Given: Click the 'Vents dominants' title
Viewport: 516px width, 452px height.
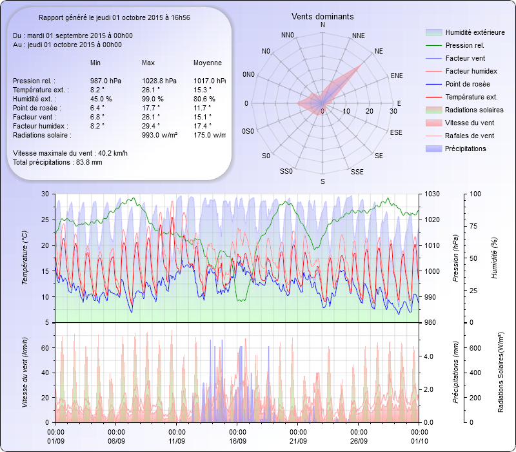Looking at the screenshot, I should [322, 16].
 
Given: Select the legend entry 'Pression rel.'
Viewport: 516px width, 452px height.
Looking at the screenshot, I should [464, 45].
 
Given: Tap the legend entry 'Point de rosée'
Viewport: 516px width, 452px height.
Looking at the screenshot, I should [467, 84].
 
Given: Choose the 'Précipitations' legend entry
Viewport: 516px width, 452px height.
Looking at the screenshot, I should [465, 149].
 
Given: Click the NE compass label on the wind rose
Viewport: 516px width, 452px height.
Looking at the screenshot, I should [379, 50].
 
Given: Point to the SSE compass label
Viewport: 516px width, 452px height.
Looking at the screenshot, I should [357, 172].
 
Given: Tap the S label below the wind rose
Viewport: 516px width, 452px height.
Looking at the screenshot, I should [322, 182].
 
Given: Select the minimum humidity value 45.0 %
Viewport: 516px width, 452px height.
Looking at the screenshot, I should [101, 99].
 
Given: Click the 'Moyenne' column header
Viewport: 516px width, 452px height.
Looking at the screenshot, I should [208, 63].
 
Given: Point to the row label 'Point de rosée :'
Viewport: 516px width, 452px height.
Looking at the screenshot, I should [35, 108].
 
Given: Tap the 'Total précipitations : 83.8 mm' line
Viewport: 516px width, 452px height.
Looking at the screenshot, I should [57, 162].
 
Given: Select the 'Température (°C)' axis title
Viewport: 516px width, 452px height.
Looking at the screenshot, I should [25, 258].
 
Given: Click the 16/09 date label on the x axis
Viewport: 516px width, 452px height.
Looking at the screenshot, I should [238, 441].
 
